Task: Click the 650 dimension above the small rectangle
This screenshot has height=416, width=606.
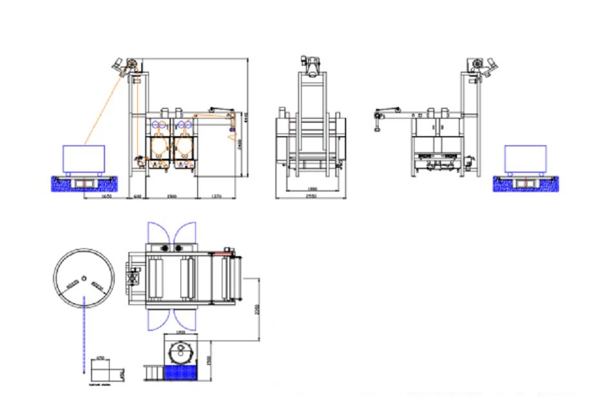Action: [x=101, y=357]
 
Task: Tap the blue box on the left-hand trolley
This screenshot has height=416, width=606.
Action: [x=84, y=158]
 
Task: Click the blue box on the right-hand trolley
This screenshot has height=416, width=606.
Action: [x=525, y=158]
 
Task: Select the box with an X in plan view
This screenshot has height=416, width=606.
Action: [x=133, y=279]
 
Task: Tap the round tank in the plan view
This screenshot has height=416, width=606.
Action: [x=181, y=352]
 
